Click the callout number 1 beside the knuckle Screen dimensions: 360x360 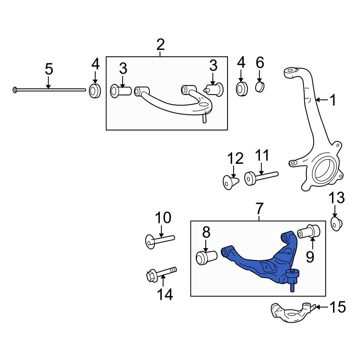[x=333, y=100]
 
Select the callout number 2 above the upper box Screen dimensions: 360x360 [x=161, y=45]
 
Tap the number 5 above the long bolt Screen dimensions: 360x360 [x=49, y=69]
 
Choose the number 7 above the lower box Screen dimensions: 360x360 [x=260, y=208]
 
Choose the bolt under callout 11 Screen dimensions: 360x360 [x=261, y=177]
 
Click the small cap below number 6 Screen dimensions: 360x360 [x=260, y=87]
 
